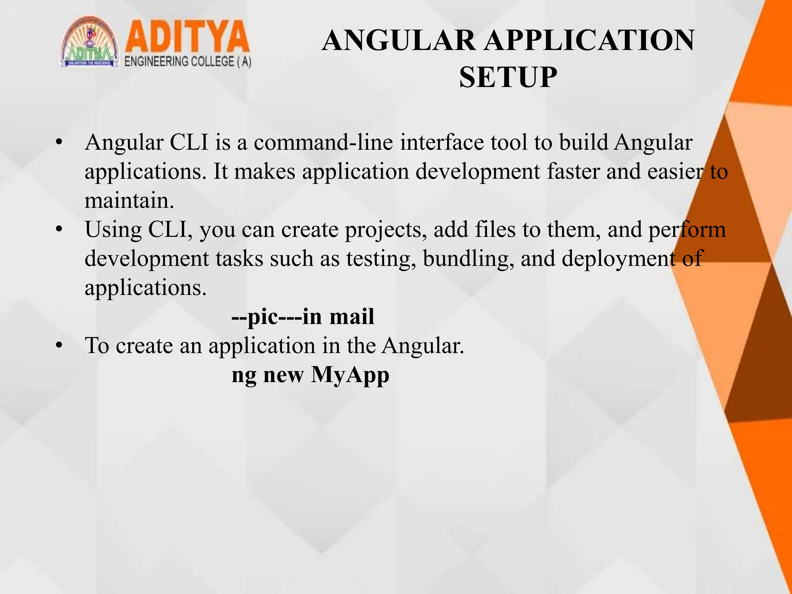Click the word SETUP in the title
pos(508,77)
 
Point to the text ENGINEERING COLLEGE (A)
pos(188,62)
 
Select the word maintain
pos(129,200)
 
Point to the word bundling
pos(468,259)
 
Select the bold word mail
pos(352,316)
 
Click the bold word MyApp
pos(350,375)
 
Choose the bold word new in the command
pos(283,375)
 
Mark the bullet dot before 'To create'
pos(59,345)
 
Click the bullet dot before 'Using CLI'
pos(59,229)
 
